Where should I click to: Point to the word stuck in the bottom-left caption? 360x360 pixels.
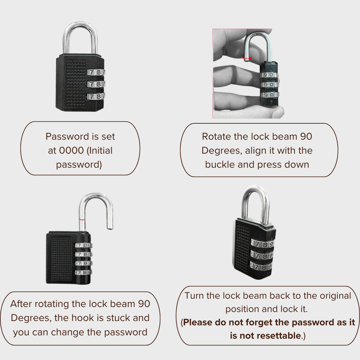click(118, 318)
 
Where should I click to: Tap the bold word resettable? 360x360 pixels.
click(265, 336)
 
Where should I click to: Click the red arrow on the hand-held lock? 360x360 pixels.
click(246, 58)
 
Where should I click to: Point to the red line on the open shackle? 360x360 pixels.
click(82, 220)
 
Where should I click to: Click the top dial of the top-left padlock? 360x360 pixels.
click(96, 73)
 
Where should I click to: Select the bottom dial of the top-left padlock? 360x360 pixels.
click(96, 96)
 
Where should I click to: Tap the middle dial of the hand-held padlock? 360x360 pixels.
click(270, 85)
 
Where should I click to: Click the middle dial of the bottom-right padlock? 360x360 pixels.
click(262, 256)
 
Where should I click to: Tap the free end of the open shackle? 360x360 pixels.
click(110, 228)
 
